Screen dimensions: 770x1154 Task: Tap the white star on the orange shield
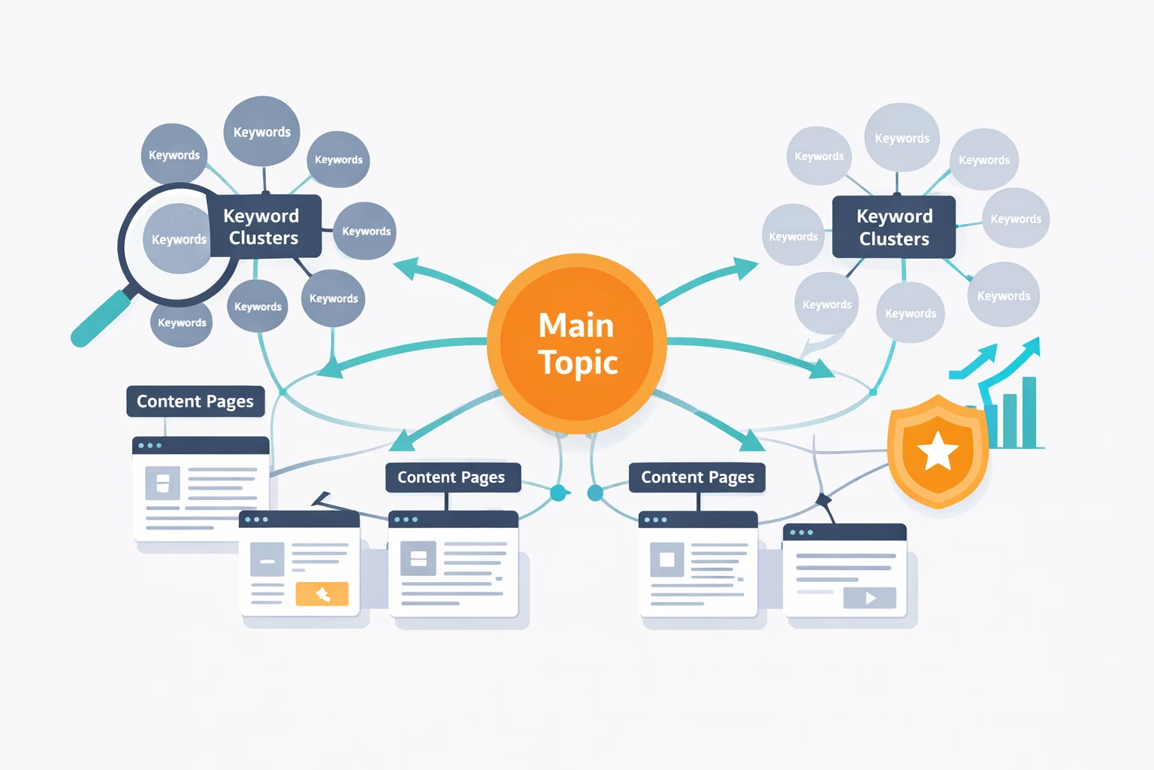tap(938, 451)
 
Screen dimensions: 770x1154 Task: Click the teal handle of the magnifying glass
tap(102, 319)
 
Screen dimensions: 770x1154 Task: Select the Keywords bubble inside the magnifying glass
tap(177, 239)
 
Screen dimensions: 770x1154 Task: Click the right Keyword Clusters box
tap(894, 227)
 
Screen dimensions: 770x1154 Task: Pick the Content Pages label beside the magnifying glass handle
tap(195, 402)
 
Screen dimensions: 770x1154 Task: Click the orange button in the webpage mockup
tap(322, 594)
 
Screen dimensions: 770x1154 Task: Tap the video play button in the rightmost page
tap(870, 598)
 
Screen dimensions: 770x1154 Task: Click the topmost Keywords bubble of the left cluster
tap(262, 132)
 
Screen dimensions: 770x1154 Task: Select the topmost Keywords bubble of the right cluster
tap(902, 138)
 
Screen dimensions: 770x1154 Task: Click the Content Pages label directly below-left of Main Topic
tap(452, 477)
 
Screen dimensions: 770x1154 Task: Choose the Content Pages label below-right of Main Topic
tap(697, 477)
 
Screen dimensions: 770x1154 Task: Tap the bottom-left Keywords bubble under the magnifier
tap(182, 323)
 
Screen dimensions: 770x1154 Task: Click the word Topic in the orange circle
tap(578, 362)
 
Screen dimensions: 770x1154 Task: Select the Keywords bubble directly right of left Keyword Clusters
tap(365, 231)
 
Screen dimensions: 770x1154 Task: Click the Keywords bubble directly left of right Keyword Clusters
tap(793, 236)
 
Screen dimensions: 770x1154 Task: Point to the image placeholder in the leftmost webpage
tap(162, 484)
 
